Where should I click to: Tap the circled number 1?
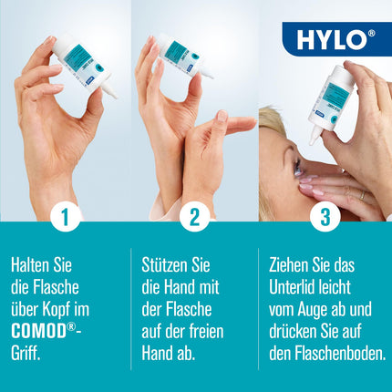(65, 217)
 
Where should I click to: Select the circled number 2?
(194, 217)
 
